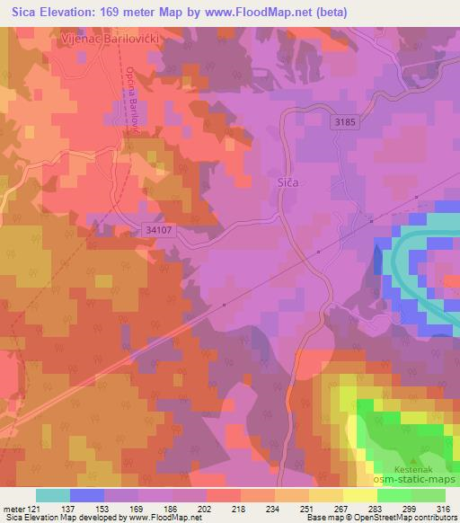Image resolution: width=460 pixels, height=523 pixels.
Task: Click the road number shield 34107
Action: pos(158,230)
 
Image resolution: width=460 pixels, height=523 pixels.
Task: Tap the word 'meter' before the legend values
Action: pos(13,510)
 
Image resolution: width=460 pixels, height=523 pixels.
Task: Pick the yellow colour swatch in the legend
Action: pos(359,496)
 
